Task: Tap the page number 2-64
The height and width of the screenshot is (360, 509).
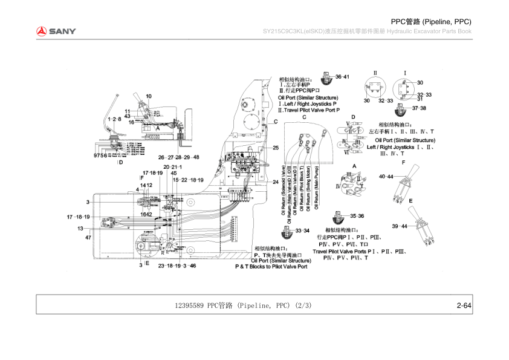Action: (x=464, y=306)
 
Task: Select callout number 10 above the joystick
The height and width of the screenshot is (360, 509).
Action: (x=149, y=96)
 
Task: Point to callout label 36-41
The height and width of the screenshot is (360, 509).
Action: (x=342, y=77)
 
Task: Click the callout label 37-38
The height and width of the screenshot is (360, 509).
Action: (x=419, y=108)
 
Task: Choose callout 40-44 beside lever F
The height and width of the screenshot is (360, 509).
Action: (x=386, y=177)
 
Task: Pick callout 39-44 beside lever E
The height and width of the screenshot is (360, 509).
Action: (x=400, y=226)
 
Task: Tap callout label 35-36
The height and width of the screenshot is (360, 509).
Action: (x=357, y=216)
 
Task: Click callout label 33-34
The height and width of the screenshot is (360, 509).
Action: (x=302, y=231)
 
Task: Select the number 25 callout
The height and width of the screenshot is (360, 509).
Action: (x=275, y=148)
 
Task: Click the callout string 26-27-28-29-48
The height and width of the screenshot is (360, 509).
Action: (x=179, y=157)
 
